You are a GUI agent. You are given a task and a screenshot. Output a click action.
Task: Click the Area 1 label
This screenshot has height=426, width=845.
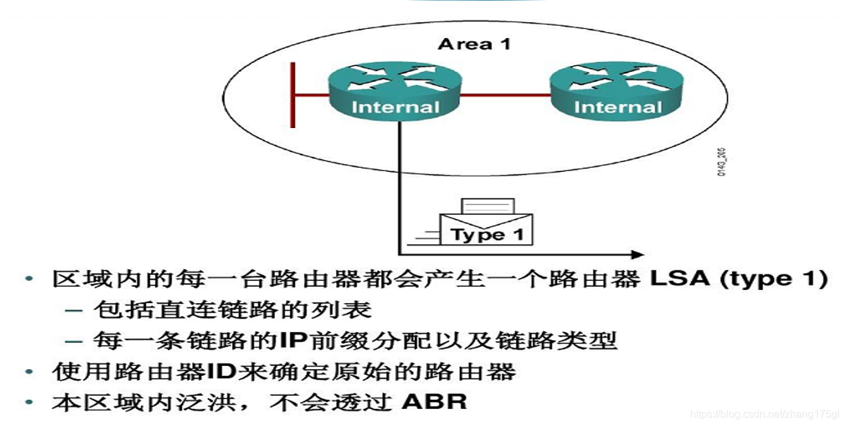474,44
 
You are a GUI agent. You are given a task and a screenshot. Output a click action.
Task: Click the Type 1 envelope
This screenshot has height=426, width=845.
488,225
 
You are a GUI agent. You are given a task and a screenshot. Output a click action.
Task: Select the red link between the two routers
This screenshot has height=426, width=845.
505,95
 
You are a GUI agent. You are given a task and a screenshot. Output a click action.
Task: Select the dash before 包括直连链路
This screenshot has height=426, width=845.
74,310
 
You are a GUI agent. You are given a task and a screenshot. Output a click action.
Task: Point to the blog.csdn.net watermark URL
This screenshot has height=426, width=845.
765,414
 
